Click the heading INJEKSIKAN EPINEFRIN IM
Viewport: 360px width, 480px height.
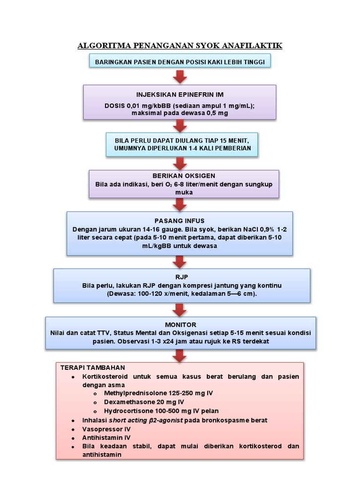[x=180, y=94]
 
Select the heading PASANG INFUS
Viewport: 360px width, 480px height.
[x=180, y=221]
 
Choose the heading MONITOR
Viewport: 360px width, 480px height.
[x=180, y=324]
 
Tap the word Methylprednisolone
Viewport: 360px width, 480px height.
[x=133, y=393]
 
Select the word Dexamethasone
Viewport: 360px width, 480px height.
[x=128, y=402]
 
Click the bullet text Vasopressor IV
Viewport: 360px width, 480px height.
[x=106, y=428]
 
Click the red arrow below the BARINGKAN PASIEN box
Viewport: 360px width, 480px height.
[x=180, y=76]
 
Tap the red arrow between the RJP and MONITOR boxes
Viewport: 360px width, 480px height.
[x=180, y=309]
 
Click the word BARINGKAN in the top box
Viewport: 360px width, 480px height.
[x=115, y=61]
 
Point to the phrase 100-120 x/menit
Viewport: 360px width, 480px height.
[x=164, y=293]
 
